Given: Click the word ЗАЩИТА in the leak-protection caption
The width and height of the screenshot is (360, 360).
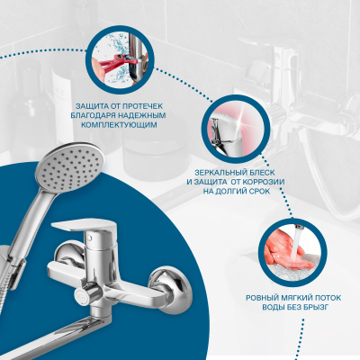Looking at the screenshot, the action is coord(89,106).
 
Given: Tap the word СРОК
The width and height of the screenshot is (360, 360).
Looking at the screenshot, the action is coord(259,191).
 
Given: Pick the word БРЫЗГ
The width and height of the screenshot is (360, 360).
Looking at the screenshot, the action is coord(317,308).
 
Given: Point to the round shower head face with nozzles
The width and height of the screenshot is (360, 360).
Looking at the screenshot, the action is coord(70,166).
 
